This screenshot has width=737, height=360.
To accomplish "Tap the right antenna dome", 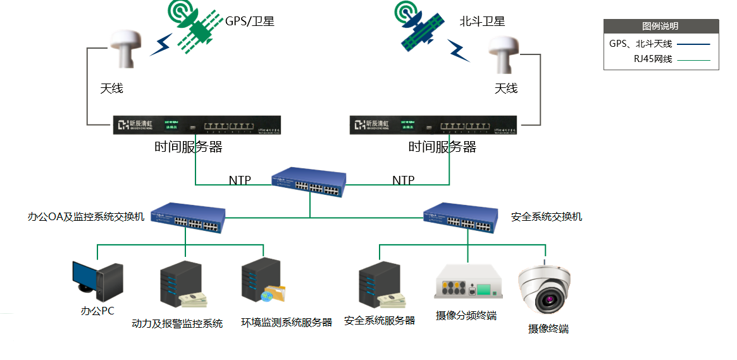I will pyautogui.click(x=504, y=52).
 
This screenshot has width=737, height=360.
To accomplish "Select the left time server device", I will pyautogui.click(x=197, y=125).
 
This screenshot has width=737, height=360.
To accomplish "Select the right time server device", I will pyautogui.click(x=436, y=125).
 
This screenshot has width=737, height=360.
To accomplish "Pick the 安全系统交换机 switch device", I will pyautogui.click(x=459, y=216).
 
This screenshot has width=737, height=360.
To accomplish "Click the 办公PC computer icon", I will pyautogui.click(x=96, y=281).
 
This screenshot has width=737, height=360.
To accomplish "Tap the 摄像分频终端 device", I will pyautogui.click(x=467, y=283).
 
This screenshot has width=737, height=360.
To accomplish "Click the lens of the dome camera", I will pyautogui.click(x=548, y=296).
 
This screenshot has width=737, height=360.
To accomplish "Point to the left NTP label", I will pyautogui.click(x=240, y=180).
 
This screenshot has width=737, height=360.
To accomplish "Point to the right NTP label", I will pyautogui.click(x=404, y=180).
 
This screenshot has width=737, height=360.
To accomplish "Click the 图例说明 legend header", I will pyautogui.click(x=660, y=26).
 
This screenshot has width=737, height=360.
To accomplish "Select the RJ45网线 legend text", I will pyautogui.click(x=653, y=59).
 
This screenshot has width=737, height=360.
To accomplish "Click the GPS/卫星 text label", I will pyautogui.click(x=250, y=22).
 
